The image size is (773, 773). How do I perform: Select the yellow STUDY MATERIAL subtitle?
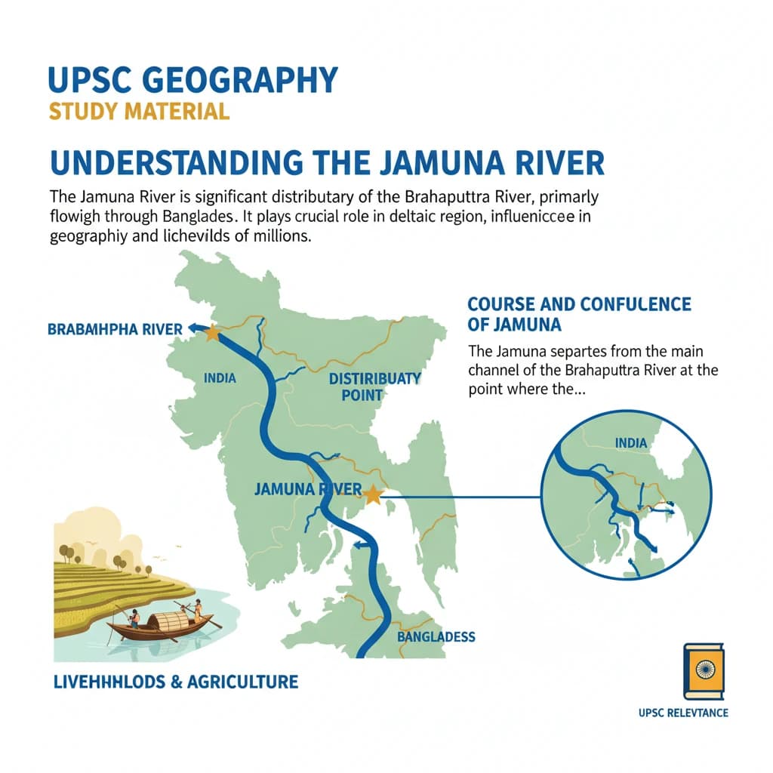pyautogui.click(x=139, y=112)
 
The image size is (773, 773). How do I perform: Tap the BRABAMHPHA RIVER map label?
pyautogui.click(x=115, y=329)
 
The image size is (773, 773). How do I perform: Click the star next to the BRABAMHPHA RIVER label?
pyautogui.click(x=212, y=332)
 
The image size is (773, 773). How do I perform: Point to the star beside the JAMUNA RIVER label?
pyautogui.click(x=371, y=495)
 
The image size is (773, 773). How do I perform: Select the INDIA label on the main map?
pyautogui.click(x=220, y=377)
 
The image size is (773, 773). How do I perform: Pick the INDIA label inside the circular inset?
pyautogui.click(x=631, y=442)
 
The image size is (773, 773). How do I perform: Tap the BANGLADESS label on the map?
pyautogui.click(x=436, y=636)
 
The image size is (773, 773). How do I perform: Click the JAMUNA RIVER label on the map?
pyautogui.click(x=308, y=489)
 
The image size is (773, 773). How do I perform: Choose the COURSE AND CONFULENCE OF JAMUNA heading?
pyautogui.click(x=579, y=314)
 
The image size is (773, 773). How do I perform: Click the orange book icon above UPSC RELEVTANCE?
pyautogui.click(x=703, y=671)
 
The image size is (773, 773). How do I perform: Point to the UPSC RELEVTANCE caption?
pyautogui.click(x=682, y=713)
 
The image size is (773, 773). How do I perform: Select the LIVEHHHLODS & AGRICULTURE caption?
pyautogui.click(x=176, y=682)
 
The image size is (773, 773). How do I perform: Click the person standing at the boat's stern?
pyautogui.click(x=199, y=609)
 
